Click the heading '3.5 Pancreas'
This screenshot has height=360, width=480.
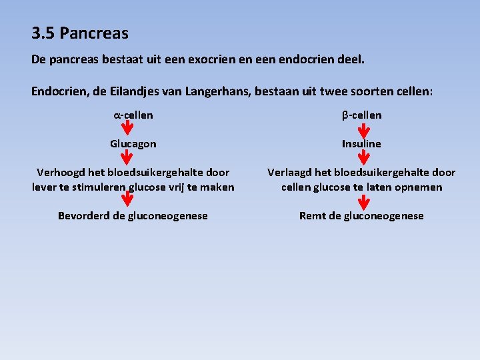pyautogui.click(x=79, y=33)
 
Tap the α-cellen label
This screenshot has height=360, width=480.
pyautogui.click(x=133, y=115)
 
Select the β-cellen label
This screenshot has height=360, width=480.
pyautogui.click(x=362, y=115)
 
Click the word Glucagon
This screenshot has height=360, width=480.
pyautogui.click(x=133, y=144)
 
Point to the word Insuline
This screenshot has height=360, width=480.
pyautogui.click(x=362, y=144)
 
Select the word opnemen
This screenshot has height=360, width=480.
pyautogui.click(x=418, y=187)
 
